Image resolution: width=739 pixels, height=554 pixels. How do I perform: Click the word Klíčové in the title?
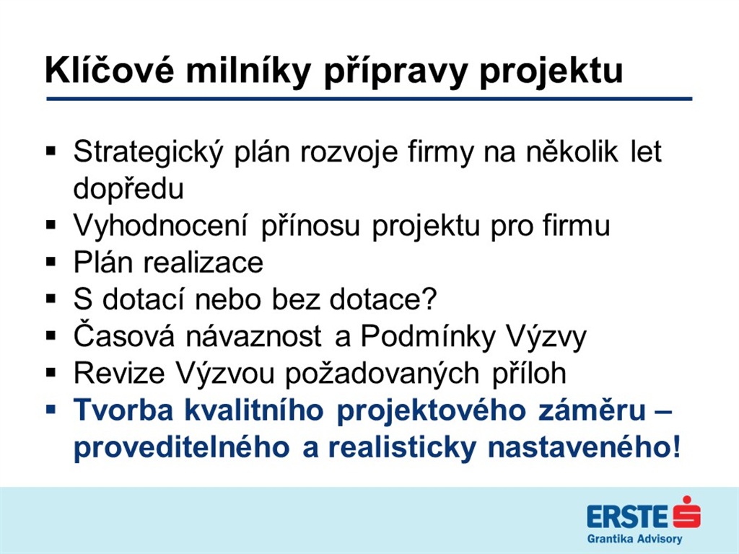point(110,70)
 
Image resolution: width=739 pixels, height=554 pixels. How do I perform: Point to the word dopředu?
point(128,188)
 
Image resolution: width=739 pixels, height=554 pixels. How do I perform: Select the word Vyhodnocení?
point(161,225)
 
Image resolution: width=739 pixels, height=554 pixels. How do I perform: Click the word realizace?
point(203,263)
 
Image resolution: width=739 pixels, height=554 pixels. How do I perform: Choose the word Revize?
point(119,373)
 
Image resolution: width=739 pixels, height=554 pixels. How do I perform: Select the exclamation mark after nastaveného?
point(675,447)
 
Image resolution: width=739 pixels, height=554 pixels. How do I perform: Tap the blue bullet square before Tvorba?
point(51,409)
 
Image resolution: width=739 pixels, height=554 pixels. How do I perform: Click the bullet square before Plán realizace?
point(51,261)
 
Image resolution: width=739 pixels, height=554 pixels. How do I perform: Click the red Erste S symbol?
point(686,512)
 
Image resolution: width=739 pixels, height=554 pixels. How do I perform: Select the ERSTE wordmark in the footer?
point(627,516)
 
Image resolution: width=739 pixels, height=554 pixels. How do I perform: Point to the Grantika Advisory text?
point(634,539)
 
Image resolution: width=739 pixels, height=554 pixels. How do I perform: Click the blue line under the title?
point(369,99)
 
